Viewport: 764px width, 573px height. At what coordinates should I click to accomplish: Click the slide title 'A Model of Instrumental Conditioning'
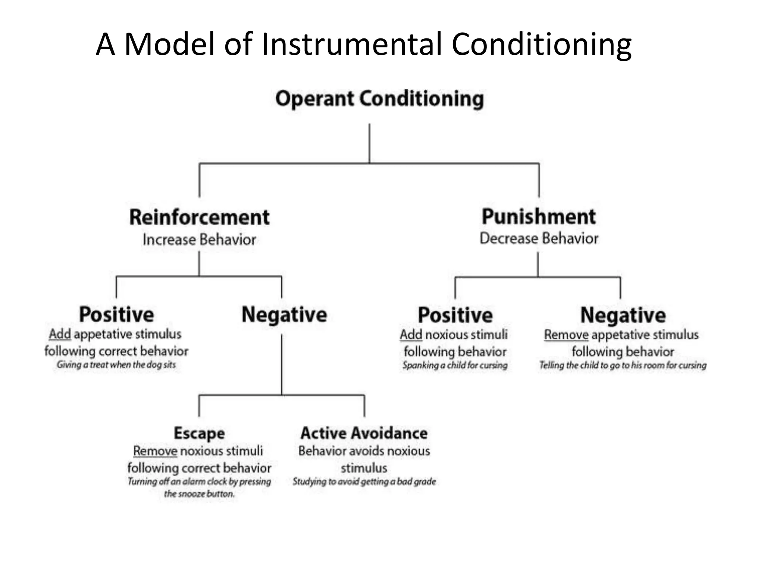[x=363, y=44]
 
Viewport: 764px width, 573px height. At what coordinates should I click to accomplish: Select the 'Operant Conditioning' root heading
[x=379, y=99]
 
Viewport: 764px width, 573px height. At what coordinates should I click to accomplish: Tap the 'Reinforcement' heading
[x=199, y=217]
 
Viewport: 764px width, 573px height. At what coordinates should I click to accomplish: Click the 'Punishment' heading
[x=539, y=217]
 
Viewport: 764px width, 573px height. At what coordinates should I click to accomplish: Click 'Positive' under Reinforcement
[x=116, y=314]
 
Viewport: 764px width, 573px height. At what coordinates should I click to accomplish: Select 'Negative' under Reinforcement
[x=284, y=314]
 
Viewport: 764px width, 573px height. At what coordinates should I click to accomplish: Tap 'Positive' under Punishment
[x=455, y=315]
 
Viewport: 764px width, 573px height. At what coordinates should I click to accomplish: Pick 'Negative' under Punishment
[x=623, y=315]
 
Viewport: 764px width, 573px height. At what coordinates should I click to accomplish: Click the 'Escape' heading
[x=199, y=433]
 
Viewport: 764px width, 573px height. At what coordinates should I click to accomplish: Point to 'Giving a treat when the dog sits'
[x=116, y=365]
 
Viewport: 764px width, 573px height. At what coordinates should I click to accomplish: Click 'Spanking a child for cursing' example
[x=455, y=365]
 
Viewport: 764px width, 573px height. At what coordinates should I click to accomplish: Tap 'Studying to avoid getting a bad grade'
[x=364, y=482]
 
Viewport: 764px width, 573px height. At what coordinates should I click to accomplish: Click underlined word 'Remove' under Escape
[x=155, y=451]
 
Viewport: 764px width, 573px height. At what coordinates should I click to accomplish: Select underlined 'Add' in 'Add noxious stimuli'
[x=411, y=335]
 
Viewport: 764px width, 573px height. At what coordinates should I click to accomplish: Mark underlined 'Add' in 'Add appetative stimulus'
[x=60, y=334]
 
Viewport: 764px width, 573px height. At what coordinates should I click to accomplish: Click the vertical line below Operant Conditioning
[x=369, y=144]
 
